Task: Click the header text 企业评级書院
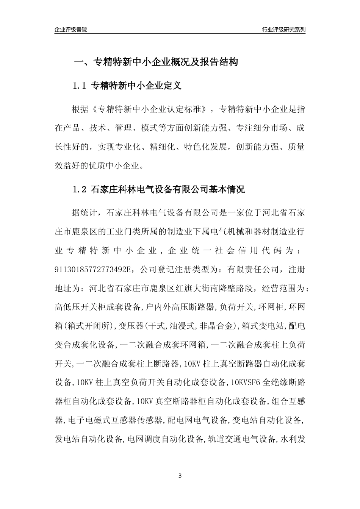71,30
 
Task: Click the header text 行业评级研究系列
283,30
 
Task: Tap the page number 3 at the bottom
180,476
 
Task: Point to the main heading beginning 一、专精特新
155,62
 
